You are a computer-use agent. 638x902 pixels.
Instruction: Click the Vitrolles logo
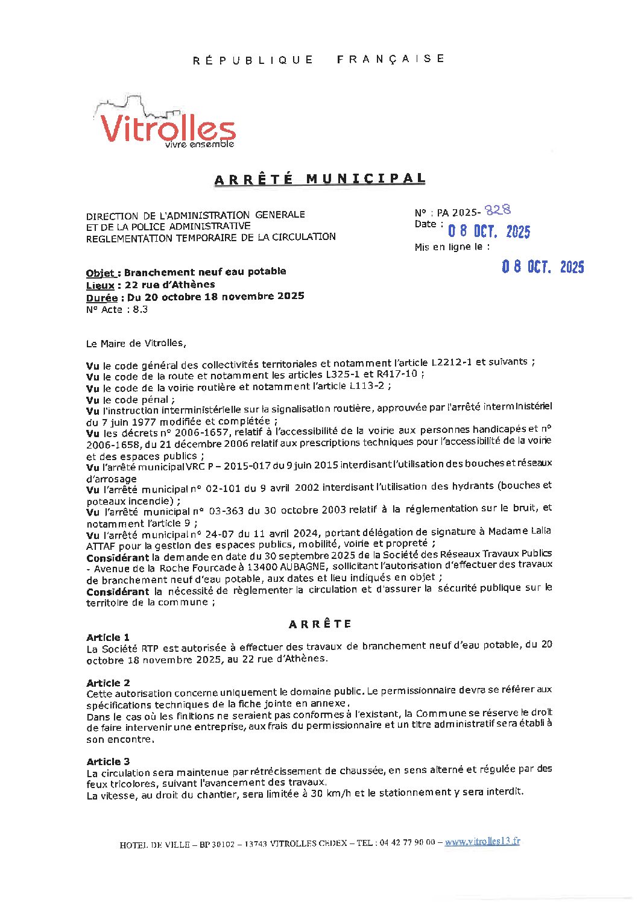pyautogui.click(x=164, y=125)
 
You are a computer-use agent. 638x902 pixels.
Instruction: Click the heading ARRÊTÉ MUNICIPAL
pyautogui.click(x=320, y=179)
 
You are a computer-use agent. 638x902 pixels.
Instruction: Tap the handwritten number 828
pyautogui.click(x=498, y=210)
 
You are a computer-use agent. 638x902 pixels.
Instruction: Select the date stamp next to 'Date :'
pyautogui.click(x=488, y=232)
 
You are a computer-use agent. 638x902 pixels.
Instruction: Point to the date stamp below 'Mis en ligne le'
pyautogui.click(x=543, y=267)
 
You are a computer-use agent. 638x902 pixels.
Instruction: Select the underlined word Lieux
pyautogui.click(x=99, y=285)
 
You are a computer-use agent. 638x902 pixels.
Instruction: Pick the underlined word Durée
pyautogui.click(x=101, y=297)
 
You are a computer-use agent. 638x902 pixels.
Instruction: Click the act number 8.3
pyautogui.click(x=140, y=309)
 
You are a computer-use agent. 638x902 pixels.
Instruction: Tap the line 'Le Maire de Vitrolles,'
pyautogui.click(x=136, y=343)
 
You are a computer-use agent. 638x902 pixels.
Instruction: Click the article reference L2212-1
pyautogui.click(x=452, y=362)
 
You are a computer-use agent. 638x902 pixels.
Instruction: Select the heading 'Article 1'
pyautogui.click(x=108, y=637)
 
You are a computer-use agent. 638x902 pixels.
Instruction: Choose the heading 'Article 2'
pyautogui.click(x=108, y=683)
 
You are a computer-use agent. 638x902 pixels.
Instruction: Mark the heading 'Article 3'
pyautogui.click(x=108, y=762)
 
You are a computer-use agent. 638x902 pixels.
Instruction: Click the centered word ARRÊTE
pyautogui.click(x=320, y=624)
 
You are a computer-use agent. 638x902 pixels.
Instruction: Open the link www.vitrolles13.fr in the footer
pyautogui.click(x=482, y=842)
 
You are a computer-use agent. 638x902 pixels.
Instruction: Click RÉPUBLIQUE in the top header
pyautogui.click(x=253, y=60)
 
